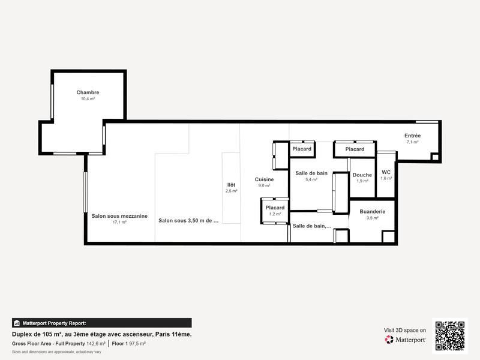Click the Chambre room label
coord(88,92)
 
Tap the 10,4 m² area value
coord(88,98)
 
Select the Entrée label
coord(412,136)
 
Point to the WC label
coord(386,172)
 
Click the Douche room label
coord(362,175)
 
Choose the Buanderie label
coord(372,212)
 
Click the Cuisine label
coord(265,179)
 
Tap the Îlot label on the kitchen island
coord(231,185)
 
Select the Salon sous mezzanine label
coord(119,216)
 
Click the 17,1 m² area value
coord(119,222)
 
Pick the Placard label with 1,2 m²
coord(275,208)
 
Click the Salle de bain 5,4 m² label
coord(311,173)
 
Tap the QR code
coord(449,335)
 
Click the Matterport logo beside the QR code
coord(406,340)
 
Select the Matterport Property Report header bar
coord(102,323)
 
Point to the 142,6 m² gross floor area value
coord(96,344)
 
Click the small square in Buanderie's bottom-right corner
coord(388,236)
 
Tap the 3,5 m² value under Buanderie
coord(372,218)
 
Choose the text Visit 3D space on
coord(405,330)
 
